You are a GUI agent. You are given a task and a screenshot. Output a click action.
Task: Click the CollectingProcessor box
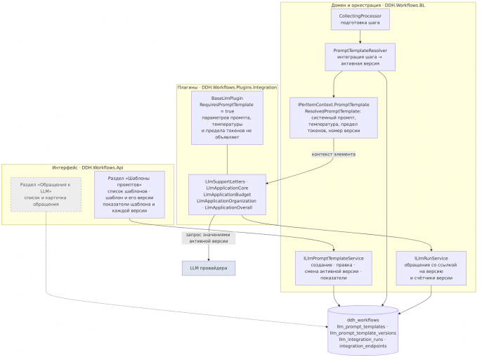(360, 20)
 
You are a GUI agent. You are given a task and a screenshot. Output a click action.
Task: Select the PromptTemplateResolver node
(360, 57)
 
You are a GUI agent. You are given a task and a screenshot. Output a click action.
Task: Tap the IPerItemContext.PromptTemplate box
(334, 118)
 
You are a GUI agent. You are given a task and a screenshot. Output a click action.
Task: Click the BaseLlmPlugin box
(227, 118)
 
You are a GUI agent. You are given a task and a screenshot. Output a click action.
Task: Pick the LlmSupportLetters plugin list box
(227, 195)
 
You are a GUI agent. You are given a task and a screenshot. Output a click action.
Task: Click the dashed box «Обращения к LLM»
(46, 195)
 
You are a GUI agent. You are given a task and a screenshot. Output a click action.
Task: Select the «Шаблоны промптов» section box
(129, 195)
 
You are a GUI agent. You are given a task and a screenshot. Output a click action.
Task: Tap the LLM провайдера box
(209, 269)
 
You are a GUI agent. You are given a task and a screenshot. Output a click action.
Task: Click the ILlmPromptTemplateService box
(334, 269)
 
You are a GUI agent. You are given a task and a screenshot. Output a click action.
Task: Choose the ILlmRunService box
(431, 269)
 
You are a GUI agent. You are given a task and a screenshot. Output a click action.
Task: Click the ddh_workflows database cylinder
(363, 330)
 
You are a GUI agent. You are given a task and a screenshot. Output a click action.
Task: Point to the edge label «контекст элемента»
(334, 155)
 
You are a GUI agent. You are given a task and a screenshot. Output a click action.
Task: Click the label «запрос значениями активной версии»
(209, 238)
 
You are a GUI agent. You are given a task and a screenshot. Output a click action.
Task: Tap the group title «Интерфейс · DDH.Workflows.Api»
(88, 167)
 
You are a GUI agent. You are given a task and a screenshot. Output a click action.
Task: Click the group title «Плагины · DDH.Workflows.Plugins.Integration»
(227, 88)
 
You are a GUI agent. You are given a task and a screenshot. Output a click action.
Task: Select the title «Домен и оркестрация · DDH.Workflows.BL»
(378, 5)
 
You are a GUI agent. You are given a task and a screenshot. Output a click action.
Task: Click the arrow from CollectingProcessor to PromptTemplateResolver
(360, 37)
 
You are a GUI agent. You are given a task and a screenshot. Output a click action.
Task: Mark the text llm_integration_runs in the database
(361, 340)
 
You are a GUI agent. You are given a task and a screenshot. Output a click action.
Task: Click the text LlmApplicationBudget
(227, 195)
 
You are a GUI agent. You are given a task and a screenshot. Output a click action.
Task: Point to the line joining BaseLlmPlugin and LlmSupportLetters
(227, 160)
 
